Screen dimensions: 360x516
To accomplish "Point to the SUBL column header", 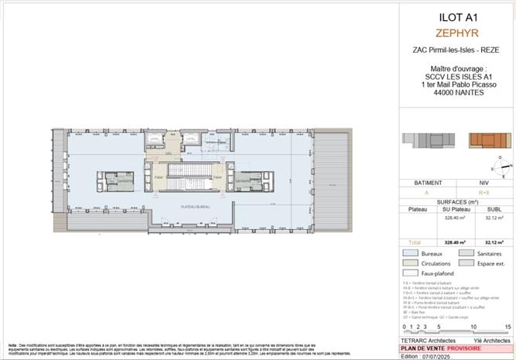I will click(493, 207).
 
